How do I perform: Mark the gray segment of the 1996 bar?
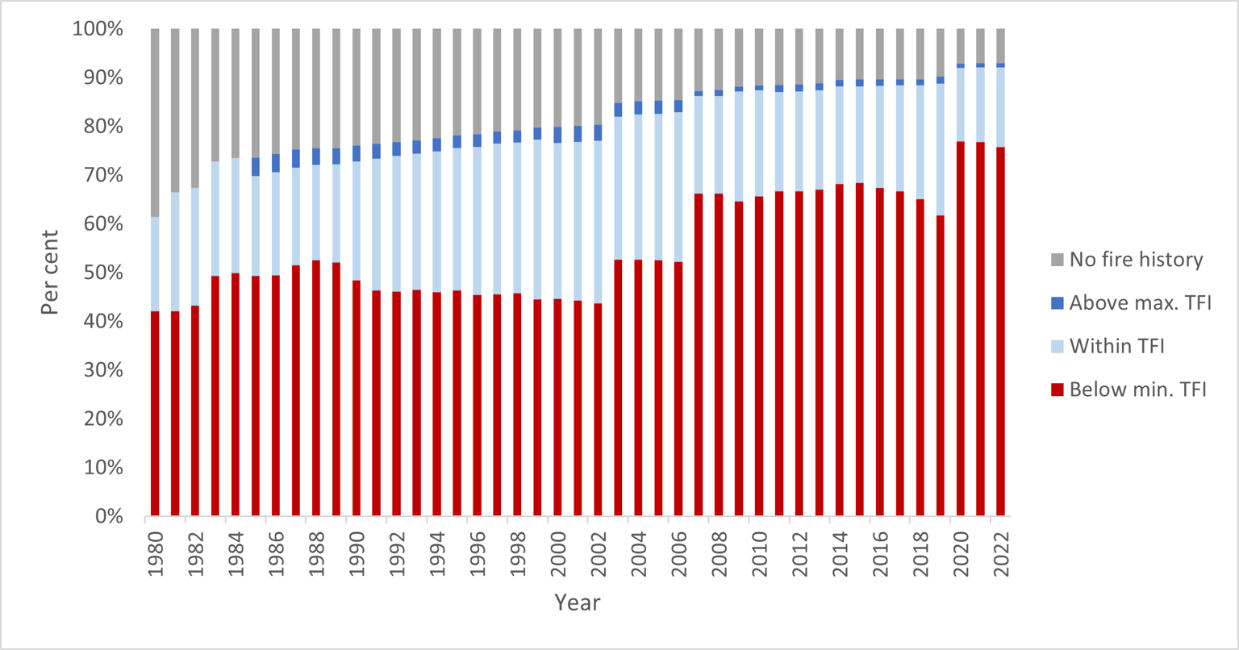pyautogui.click(x=477, y=81)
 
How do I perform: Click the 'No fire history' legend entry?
pyautogui.click(x=1136, y=260)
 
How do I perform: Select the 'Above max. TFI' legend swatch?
pyautogui.click(x=1058, y=303)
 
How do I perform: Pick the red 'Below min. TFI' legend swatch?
pyautogui.click(x=1058, y=390)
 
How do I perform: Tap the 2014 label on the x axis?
pyautogui.click(x=840, y=554)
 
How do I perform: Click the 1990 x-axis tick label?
pyautogui.click(x=357, y=554)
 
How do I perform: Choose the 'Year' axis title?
pyautogui.click(x=577, y=602)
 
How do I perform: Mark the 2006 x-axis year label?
pyautogui.click(x=678, y=554)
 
